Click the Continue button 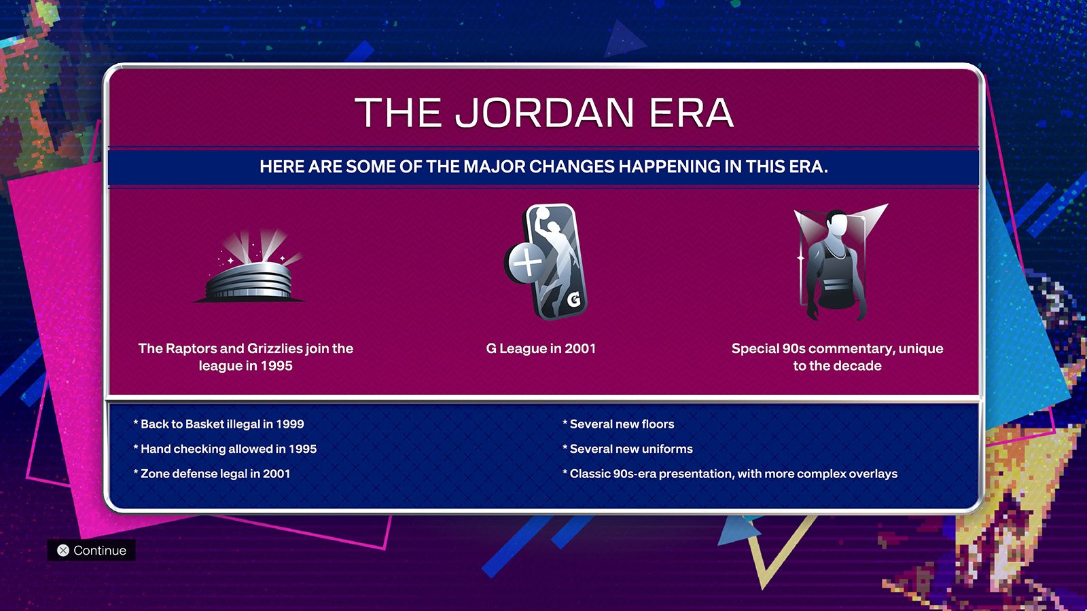[x=91, y=550]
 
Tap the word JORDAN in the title [x=544, y=113]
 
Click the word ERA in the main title [x=691, y=113]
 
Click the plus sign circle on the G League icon [x=527, y=262]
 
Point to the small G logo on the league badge [x=574, y=299]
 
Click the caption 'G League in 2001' [x=541, y=349]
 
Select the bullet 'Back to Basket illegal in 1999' [x=219, y=424]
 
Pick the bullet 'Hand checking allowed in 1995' [x=225, y=449]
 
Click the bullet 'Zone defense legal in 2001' [x=211, y=474]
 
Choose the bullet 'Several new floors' [x=618, y=424]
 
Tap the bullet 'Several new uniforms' [x=628, y=449]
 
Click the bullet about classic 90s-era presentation [x=730, y=474]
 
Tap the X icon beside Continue [x=63, y=551]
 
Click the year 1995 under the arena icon [x=276, y=366]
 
